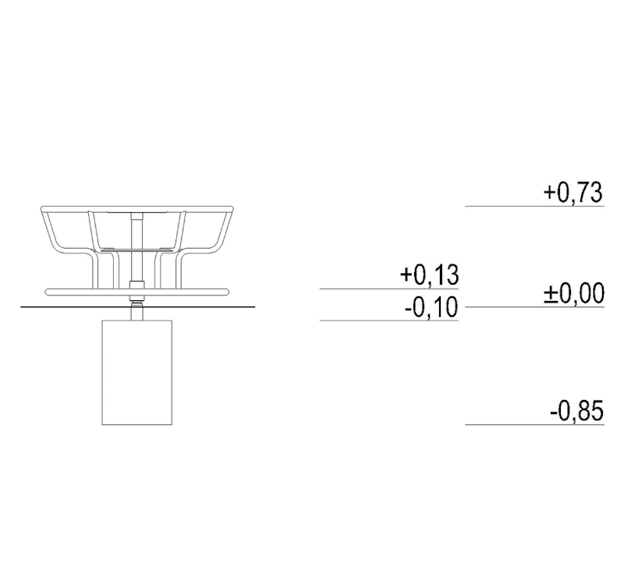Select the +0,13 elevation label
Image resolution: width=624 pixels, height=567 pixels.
click(x=428, y=275)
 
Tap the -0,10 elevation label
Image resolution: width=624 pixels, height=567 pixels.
click(x=431, y=307)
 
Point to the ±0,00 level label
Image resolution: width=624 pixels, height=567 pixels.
click(x=573, y=294)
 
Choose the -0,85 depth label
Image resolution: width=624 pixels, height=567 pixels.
click(x=576, y=411)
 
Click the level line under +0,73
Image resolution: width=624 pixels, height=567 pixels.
click(x=534, y=206)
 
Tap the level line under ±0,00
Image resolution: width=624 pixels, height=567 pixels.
click(x=534, y=307)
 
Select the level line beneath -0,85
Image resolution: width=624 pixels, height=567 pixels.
click(x=534, y=424)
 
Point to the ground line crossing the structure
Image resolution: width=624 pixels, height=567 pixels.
click(x=62, y=307)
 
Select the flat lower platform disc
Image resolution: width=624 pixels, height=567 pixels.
click(x=78, y=292)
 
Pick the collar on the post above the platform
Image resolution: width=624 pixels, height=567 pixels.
click(x=136, y=284)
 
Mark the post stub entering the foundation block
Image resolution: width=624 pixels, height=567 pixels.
click(x=136, y=313)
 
